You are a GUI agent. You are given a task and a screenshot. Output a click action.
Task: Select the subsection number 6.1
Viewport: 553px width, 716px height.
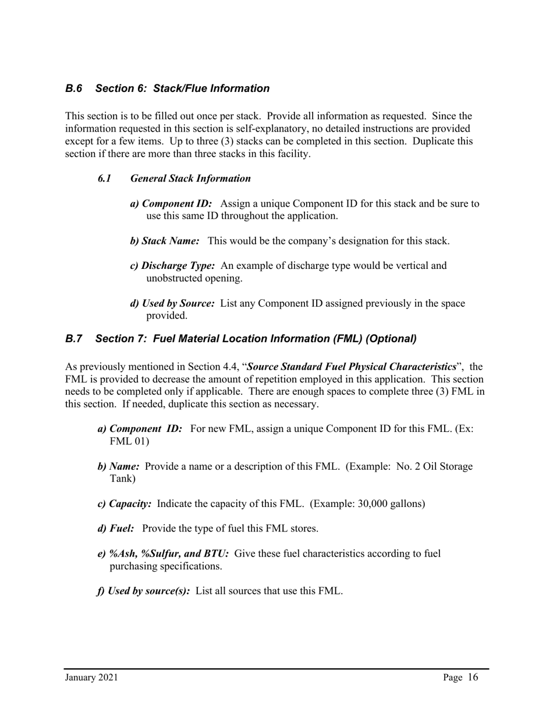pos(104,179)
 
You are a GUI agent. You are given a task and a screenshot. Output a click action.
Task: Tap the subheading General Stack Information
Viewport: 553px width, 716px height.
pos(191,179)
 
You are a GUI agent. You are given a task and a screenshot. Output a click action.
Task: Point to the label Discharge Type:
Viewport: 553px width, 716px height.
pos(172,266)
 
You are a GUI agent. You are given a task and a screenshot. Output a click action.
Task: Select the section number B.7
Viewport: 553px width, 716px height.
pos(73,338)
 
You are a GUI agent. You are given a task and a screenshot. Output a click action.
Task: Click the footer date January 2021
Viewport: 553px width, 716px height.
pos(91,678)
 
